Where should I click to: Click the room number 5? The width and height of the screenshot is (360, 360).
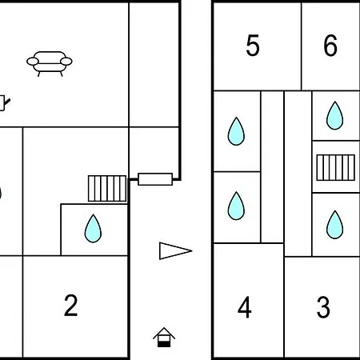pyautogui.click(x=253, y=46)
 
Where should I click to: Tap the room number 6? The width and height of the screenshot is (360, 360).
pyautogui.click(x=330, y=46)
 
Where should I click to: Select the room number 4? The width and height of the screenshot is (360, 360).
pyautogui.click(x=245, y=307)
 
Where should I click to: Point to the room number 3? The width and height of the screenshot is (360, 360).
pyautogui.click(x=323, y=307)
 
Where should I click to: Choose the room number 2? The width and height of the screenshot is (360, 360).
pyautogui.click(x=70, y=306)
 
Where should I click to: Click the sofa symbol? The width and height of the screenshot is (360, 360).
pyautogui.click(x=50, y=64)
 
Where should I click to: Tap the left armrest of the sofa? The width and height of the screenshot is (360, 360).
pyautogui.click(x=33, y=62)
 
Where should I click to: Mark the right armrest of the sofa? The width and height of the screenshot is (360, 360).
pyautogui.click(x=66, y=62)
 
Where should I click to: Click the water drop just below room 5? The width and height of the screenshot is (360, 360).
pyautogui.click(x=236, y=131)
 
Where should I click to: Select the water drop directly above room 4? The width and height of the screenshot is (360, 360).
pyautogui.click(x=236, y=206)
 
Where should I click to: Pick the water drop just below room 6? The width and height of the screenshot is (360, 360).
pyautogui.click(x=334, y=115)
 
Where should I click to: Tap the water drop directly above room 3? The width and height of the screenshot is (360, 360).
pyautogui.click(x=334, y=225)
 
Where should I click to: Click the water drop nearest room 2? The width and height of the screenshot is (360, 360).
pyautogui.click(x=93, y=229)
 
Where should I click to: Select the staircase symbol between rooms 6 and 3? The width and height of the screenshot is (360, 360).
pyautogui.click(x=336, y=167)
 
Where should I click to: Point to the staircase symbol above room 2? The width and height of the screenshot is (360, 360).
pyautogui.click(x=107, y=188)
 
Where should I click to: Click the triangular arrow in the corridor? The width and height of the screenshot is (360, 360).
pyautogui.click(x=175, y=250)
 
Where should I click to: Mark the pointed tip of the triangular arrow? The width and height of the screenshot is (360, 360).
pyautogui.click(x=192, y=250)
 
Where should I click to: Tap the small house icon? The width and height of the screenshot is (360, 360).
pyautogui.click(x=164, y=338)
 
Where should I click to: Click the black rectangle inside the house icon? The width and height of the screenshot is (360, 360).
pyautogui.click(x=164, y=344)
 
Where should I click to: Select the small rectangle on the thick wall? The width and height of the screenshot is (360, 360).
pyautogui.click(x=155, y=179)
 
